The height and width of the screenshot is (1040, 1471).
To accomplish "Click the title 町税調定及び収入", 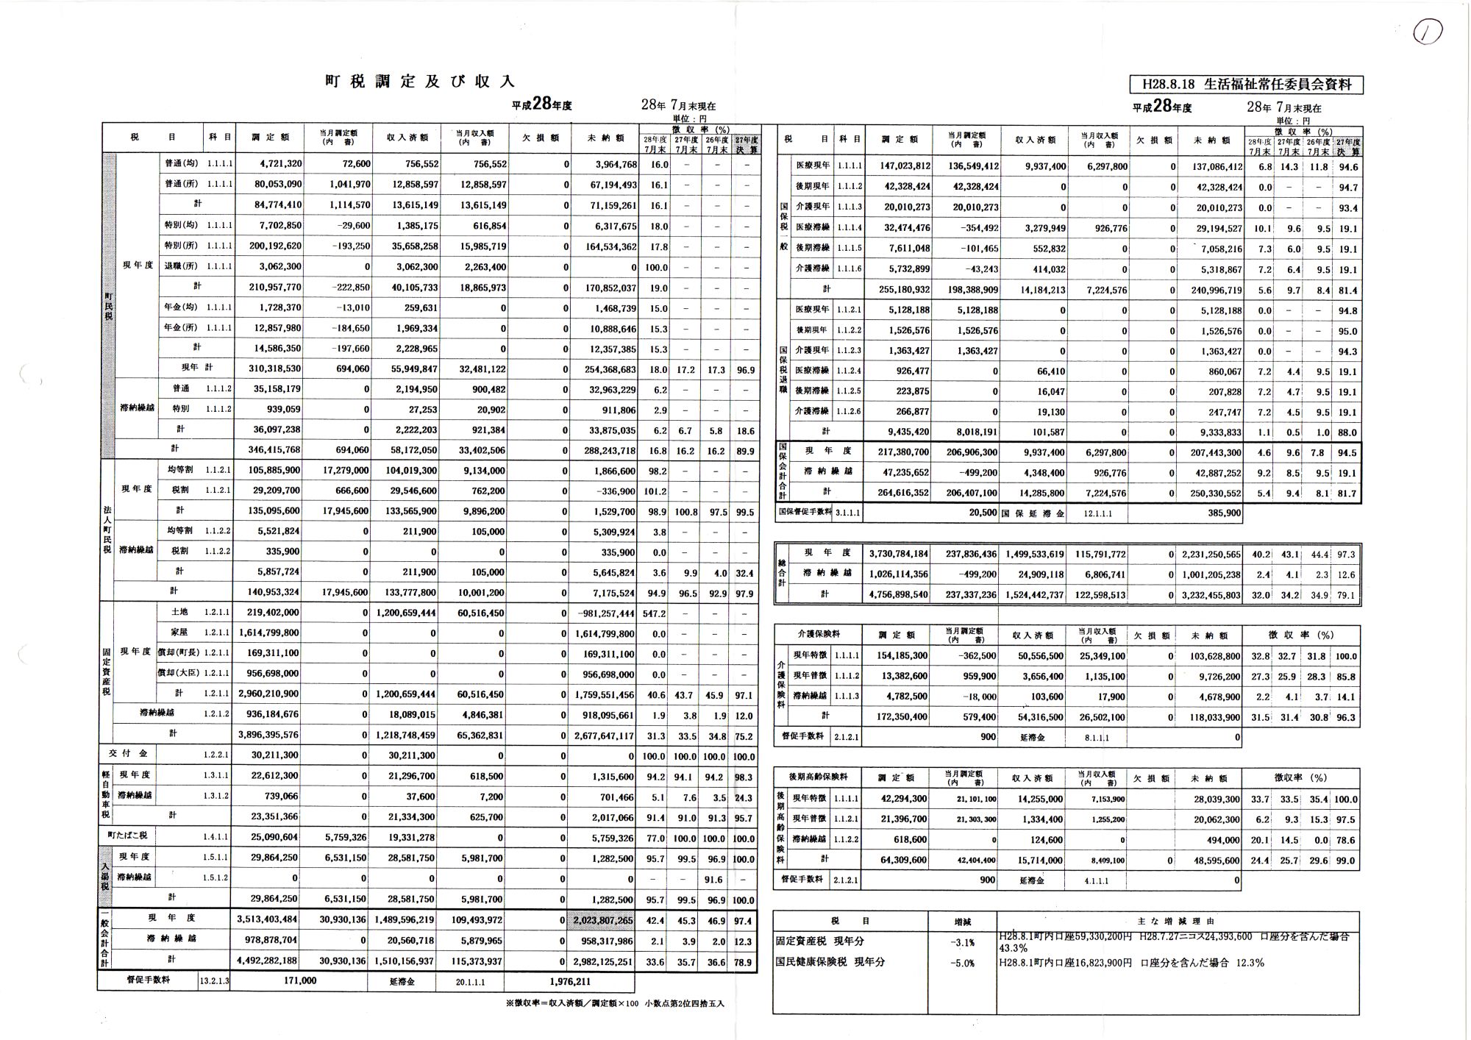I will (420, 82).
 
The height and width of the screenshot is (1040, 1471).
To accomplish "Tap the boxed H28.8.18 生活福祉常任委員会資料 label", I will (1246, 85).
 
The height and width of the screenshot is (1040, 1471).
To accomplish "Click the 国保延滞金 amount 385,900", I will (1224, 513).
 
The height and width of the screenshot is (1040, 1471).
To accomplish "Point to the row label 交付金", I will (128, 754).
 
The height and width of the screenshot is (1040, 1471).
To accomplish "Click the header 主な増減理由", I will (1177, 921).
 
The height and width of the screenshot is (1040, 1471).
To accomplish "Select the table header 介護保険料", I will (819, 634).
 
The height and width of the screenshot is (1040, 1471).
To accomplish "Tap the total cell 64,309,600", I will (904, 861).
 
